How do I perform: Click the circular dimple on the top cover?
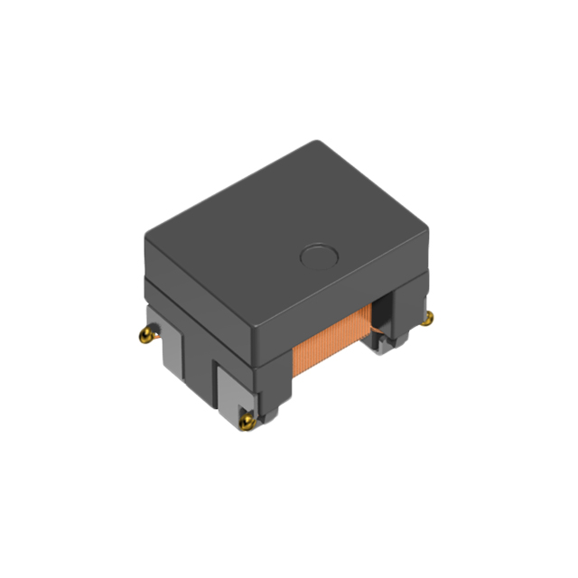tap(317, 258)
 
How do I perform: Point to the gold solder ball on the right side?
tap(430, 317)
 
